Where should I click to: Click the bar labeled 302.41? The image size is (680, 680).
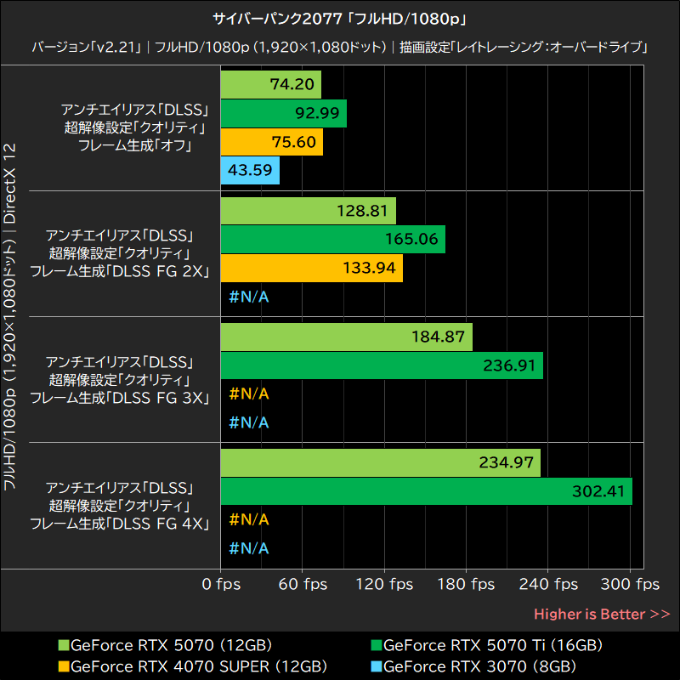pyautogui.click(x=426, y=491)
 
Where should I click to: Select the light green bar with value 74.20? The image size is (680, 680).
pyautogui.click(x=270, y=84)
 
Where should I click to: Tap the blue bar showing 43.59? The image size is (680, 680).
pyautogui.click(x=250, y=170)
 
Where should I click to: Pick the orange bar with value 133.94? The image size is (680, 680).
pyautogui.click(x=311, y=269)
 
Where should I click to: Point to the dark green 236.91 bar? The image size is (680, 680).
pyautogui.click(x=382, y=365)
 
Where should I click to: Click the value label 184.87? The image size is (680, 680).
pyautogui.click(x=438, y=337)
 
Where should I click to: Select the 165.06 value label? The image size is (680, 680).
pyautogui.click(x=411, y=240)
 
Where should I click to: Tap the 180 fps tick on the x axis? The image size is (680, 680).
pyautogui.click(x=466, y=585)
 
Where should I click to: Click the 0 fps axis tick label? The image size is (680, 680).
pyautogui.click(x=221, y=585)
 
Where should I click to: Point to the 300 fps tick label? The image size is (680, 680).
pyautogui.click(x=630, y=585)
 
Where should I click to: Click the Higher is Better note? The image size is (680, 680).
pyautogui.click(x=601, y=614)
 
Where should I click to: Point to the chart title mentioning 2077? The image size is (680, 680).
pyautogui.click(x=340, y=18)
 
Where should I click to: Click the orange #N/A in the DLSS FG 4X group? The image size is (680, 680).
pyautogui.click(x=249, y=519)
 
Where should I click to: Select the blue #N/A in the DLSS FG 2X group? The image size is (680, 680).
pyautogui.click(x=249, y=297)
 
